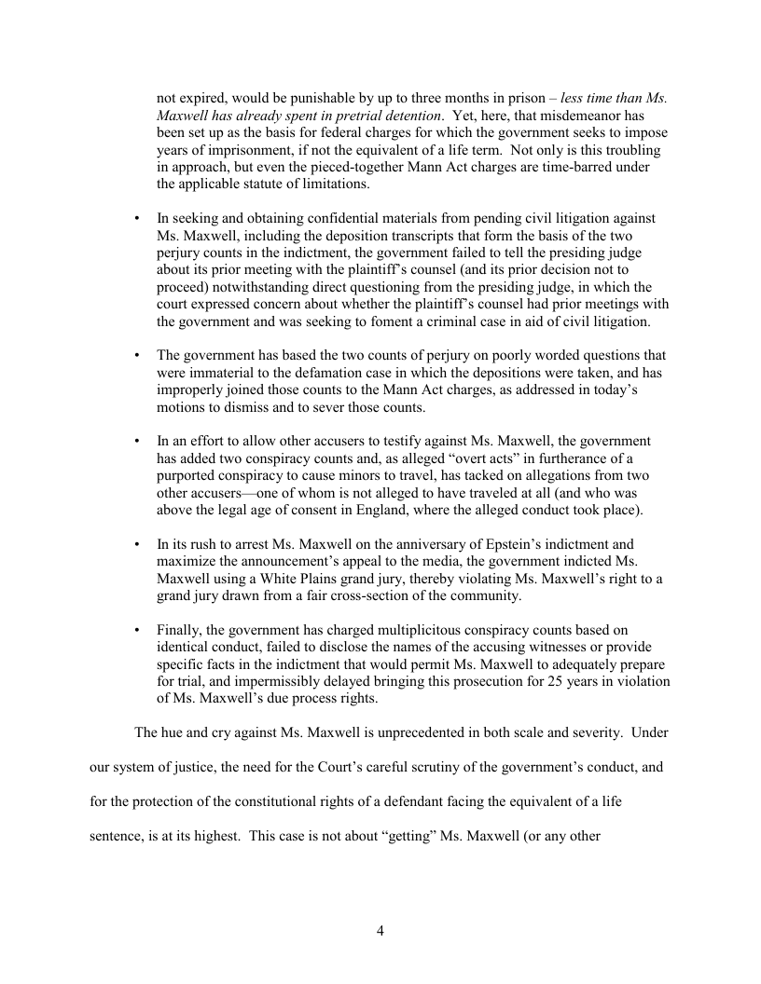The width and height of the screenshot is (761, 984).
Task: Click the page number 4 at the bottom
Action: pyautogui.click(x=380, y=930)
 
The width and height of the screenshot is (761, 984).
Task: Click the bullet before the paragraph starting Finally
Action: pyautogui.click(x=138, y=630)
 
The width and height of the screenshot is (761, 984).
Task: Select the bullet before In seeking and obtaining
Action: pyautogui.click(x=138, y=219)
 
